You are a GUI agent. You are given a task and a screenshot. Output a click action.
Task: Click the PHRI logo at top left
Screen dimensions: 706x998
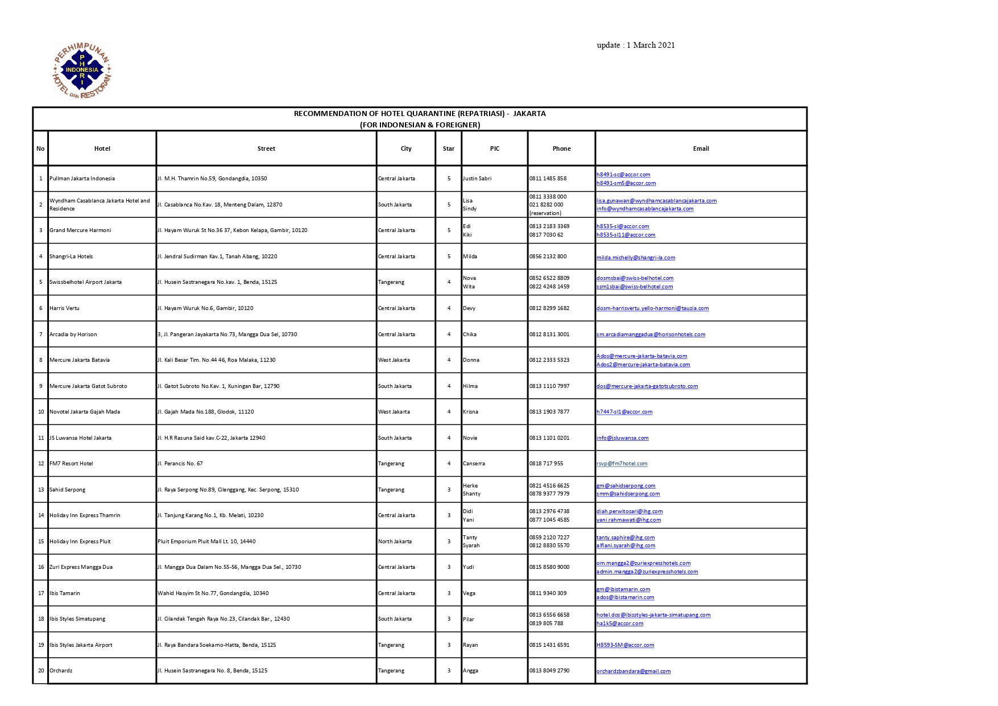(x=82, y=71)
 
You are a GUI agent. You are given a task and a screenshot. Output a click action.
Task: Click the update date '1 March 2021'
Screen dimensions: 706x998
(x=651, y=45)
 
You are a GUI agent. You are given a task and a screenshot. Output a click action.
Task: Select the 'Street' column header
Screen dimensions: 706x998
(x=266, y=148)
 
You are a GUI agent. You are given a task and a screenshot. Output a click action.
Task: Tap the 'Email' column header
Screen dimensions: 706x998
(x=701, y=148)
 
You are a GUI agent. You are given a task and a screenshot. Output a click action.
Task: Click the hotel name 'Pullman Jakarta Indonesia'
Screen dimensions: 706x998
(x=82, y=179)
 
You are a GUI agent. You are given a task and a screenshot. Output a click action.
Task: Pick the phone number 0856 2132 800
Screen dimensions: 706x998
(x=548, y=257)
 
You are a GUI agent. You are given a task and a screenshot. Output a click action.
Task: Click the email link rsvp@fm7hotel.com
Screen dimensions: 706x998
(x=622, y=464)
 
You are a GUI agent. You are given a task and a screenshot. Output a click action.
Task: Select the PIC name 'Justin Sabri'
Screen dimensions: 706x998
(x=477, y=179)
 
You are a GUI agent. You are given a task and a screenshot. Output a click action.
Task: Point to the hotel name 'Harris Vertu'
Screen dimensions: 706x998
(x=64, y=308)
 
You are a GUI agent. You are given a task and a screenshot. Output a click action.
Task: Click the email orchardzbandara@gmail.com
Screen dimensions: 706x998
(x=633, y=671)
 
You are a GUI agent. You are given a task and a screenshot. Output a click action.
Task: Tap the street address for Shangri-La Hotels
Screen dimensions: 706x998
(x=217, y=257)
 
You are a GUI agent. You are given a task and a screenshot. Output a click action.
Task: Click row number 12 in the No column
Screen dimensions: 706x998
(x=40, y=464)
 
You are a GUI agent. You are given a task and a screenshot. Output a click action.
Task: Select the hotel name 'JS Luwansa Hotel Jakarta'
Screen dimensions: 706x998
(x=80, y=438)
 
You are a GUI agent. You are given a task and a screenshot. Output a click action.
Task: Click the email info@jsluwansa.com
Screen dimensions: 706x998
(x=622, y=438)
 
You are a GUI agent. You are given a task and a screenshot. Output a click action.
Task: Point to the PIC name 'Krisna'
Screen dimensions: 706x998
(x=470, y=412)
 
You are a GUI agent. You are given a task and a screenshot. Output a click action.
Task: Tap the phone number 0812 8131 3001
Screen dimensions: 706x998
(x=549, y=335)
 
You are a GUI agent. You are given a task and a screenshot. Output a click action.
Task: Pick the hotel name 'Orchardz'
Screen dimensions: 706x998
(x=61, y=671)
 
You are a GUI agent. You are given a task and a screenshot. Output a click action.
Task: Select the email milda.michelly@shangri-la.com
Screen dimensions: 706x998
(x=636, y=258)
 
